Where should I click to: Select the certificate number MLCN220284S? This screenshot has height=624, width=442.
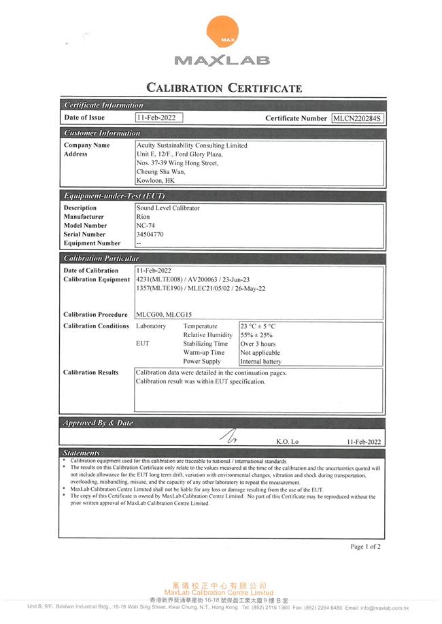pos(358,118)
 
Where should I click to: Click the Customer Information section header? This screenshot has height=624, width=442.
pos(102,133)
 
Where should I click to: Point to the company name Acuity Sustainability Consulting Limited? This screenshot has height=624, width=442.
pos(192,145)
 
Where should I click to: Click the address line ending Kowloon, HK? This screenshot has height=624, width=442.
pos(156,181)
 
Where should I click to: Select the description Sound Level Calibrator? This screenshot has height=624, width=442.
pos(168,208)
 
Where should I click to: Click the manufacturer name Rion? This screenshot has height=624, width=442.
pos(143,217)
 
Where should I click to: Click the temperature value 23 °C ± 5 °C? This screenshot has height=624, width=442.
pos(258,326)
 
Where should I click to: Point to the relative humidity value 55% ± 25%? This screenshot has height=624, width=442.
pos(257,335)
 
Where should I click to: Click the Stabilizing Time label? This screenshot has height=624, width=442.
pos(205,344)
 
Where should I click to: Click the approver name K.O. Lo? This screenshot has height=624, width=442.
pos(287,442)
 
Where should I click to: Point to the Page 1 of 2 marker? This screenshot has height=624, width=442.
pos(366,547)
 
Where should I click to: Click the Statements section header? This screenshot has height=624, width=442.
pos(81,453)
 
